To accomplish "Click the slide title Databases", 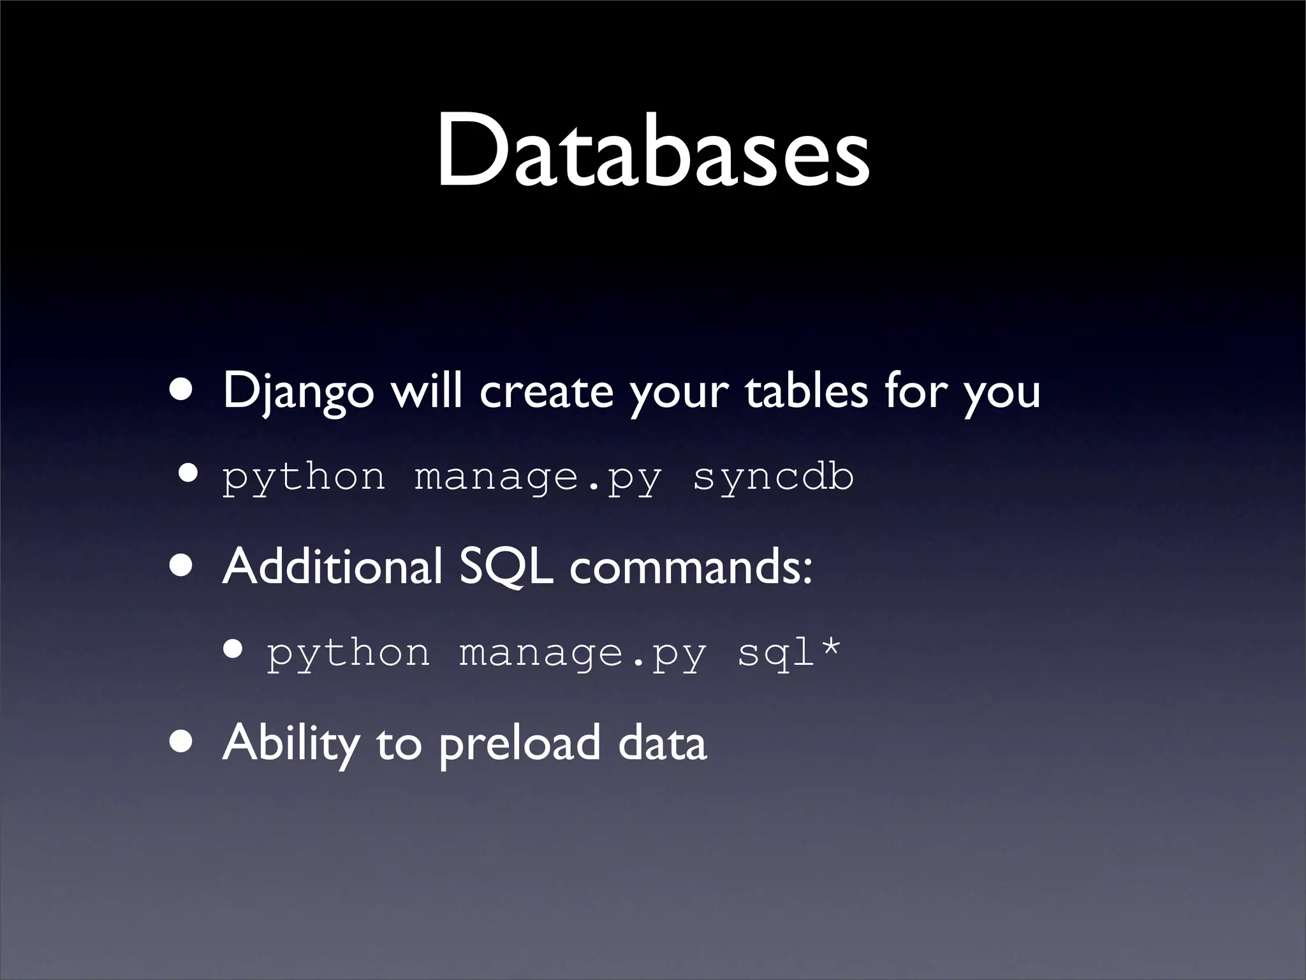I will [x=653, y=152].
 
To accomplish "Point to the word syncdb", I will [x=773, y=477].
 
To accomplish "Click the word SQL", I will [x=505, y=567].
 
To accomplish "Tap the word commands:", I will [x=691, y=567].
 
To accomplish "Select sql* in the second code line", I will [x=789, y=652].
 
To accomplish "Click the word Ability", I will [x=291, y=743].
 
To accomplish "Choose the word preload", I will [x=519, y=743].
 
